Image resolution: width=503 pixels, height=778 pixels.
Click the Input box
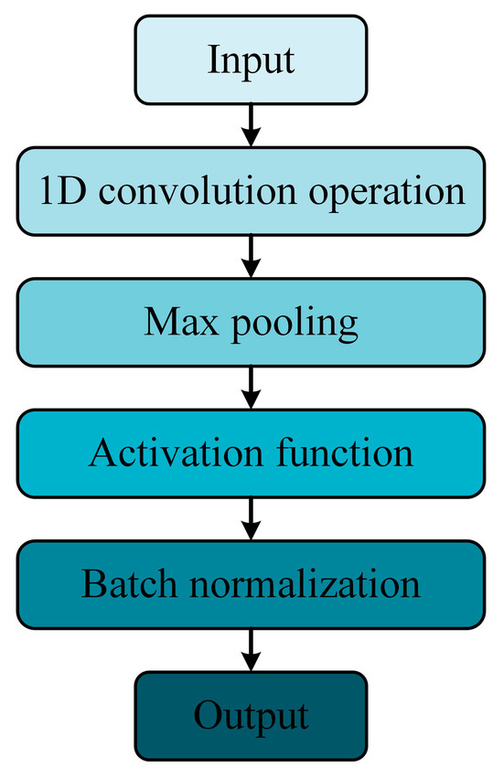[251, 60]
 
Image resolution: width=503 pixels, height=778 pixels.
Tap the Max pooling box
[251, 322]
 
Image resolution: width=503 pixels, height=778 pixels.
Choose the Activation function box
[251, 453]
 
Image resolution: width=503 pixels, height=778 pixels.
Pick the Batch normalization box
[251, 584]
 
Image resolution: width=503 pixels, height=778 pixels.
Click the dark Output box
[251, 714]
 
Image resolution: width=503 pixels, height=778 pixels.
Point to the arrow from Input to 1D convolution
[251, 124]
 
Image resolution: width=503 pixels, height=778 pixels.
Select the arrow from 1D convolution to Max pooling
[251, 256]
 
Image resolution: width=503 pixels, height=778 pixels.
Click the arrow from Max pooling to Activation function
[251, 388]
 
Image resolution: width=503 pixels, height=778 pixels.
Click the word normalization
[297, 584]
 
